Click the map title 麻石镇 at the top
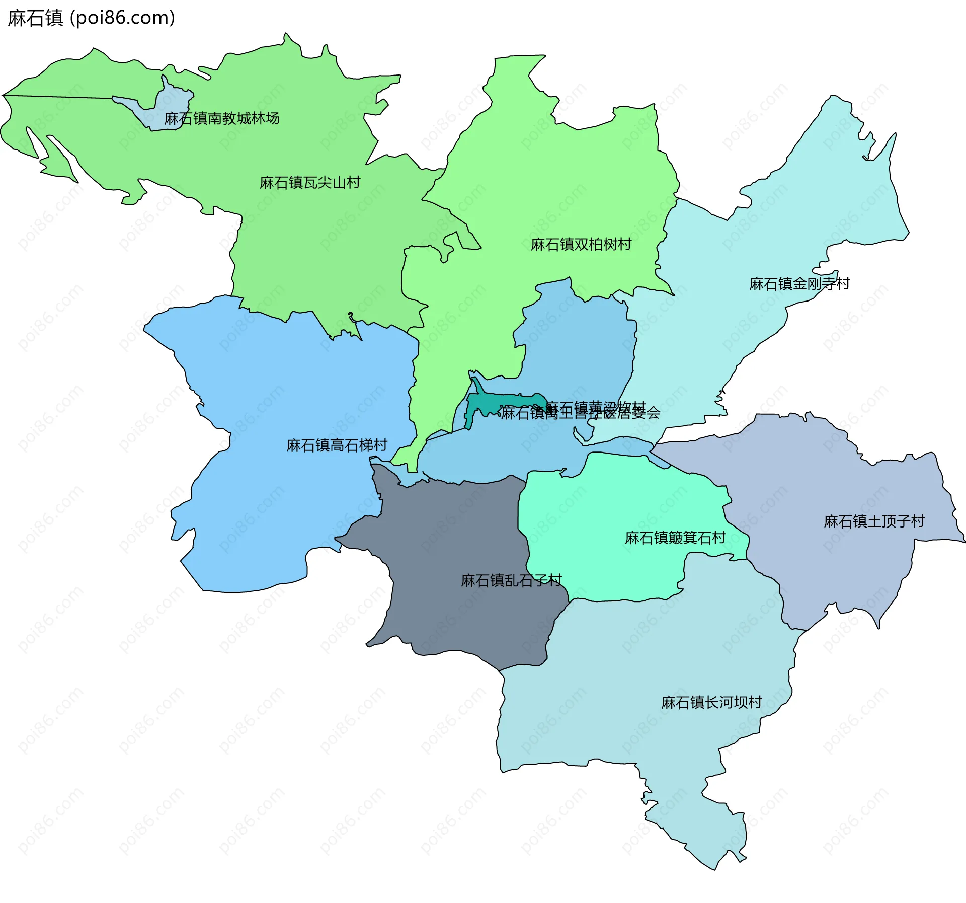coord(35,18)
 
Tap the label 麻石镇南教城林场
coord(221,118)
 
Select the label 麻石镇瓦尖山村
coord(310,182)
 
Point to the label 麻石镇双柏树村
coord(581,244)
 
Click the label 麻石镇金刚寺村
coord(799,284)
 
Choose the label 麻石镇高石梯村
coord(337,445)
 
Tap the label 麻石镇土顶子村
coord(874,521)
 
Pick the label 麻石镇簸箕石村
coord(675,538)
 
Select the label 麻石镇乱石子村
coord(511,580)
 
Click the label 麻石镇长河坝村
coord(711,702)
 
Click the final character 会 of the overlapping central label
coord(654,413)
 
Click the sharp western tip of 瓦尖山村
coord(4,95)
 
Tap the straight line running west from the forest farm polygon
coord(60,96)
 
